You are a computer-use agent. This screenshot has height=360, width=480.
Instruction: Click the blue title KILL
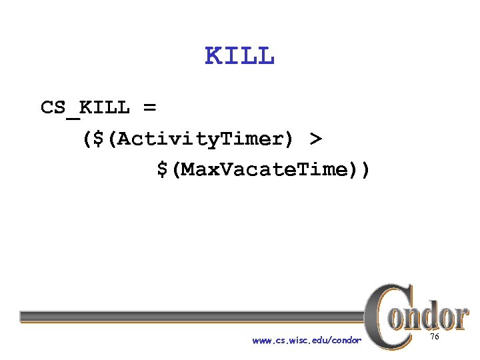(x=239, y=57)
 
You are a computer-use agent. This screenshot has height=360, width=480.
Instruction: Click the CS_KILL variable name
(x=85, y=107)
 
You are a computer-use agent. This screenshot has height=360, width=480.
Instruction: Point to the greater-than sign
(x=315, y=139)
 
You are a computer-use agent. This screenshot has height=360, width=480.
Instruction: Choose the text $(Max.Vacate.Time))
(x=263, y=170)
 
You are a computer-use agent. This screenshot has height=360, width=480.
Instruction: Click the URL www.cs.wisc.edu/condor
(x=307, y=341)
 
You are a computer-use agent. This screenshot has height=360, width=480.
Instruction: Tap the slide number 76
(x=435, y=337)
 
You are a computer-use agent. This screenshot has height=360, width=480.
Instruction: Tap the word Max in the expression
(x=198, y=170)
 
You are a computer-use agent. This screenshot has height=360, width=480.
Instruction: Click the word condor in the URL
(x=345, y=341)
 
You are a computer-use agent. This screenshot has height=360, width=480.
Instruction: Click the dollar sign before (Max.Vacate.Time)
(x=163, y=170)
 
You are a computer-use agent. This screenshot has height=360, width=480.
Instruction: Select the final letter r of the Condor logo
(x=461, y=318)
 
